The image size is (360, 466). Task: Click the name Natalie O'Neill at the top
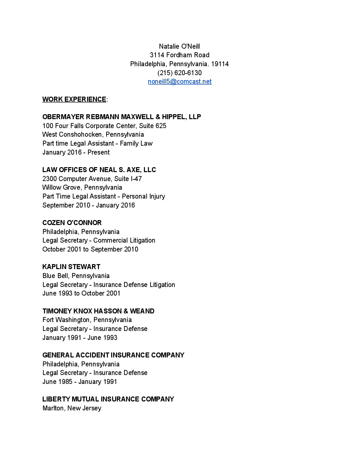pyautogui.click(x=179, y=46)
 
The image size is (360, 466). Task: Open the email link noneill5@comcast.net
pyautogui.click(x=179, y=82)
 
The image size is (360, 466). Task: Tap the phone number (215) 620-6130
pyautogui.click(x=179, y=73)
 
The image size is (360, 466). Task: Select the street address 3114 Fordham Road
pyautogui.click(x=179, y=55)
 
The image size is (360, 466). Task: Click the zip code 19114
pyautogui.click(x=220, y=64)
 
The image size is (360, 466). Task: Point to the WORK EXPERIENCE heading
pyautogui.click(x=74, y=99)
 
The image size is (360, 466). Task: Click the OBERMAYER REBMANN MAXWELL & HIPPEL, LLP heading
pyautogui.click(x=121, y=117)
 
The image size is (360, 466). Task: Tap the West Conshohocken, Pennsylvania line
pyautogui.click(x=93, y=134)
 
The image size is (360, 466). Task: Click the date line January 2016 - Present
pyautogui.click(x=76, y=152)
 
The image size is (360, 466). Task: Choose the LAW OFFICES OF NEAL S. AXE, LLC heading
pyautogui.click(x=99, y=170)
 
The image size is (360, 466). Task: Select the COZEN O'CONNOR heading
pyautogui.click(x=72, y=223)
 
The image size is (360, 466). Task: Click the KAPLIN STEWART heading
pyautogui.click(x=71, y=267)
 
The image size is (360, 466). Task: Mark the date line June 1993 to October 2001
pyautogui.click(x=81, y=293)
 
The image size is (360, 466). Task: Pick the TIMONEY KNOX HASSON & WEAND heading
pyautogui.click(x=98, y=311)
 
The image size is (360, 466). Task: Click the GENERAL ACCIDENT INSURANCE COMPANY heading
pyautogui.click(x=113, y=355)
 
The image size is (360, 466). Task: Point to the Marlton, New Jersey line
pyautogui.click(x=72, y=408)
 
